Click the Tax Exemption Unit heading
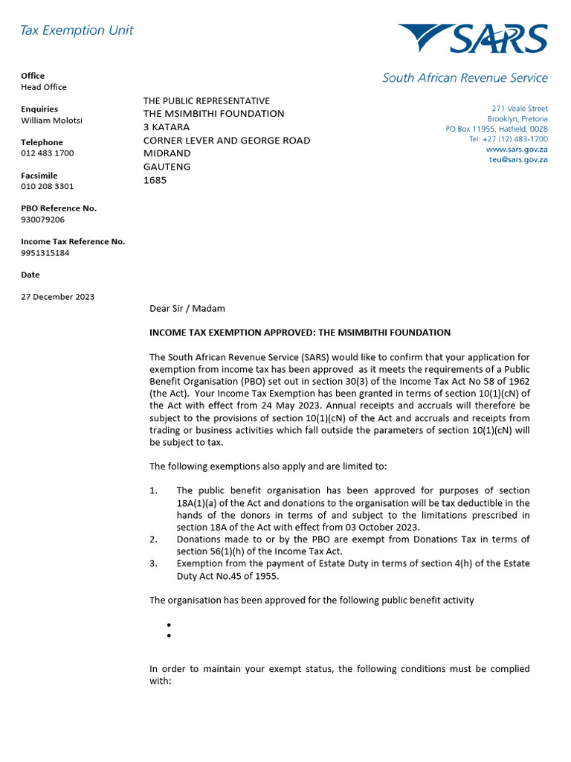tap(77, 31)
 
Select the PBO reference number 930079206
tap(42, 220)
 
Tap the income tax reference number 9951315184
tap(45, 253)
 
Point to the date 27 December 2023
tap(57, 297)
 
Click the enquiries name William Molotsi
tap(51, 121)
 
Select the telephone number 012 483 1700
tap(47, 153)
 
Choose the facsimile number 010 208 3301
tap(47, 187)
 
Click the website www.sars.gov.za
tap(517, 150)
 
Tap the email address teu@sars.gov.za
tap(518, 160)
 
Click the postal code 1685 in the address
tap(155, 180)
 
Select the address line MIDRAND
tap(167, 153)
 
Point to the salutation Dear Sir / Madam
tap(187, 308)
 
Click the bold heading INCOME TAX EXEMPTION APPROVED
tap(300, 333)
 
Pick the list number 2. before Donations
tap(153, 540)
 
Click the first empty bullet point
tap(170, 625)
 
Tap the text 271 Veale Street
tap(520, 109)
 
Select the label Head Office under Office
tap(43, 87)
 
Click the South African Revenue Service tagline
tap(465, 78)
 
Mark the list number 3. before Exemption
tap(153, 563)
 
